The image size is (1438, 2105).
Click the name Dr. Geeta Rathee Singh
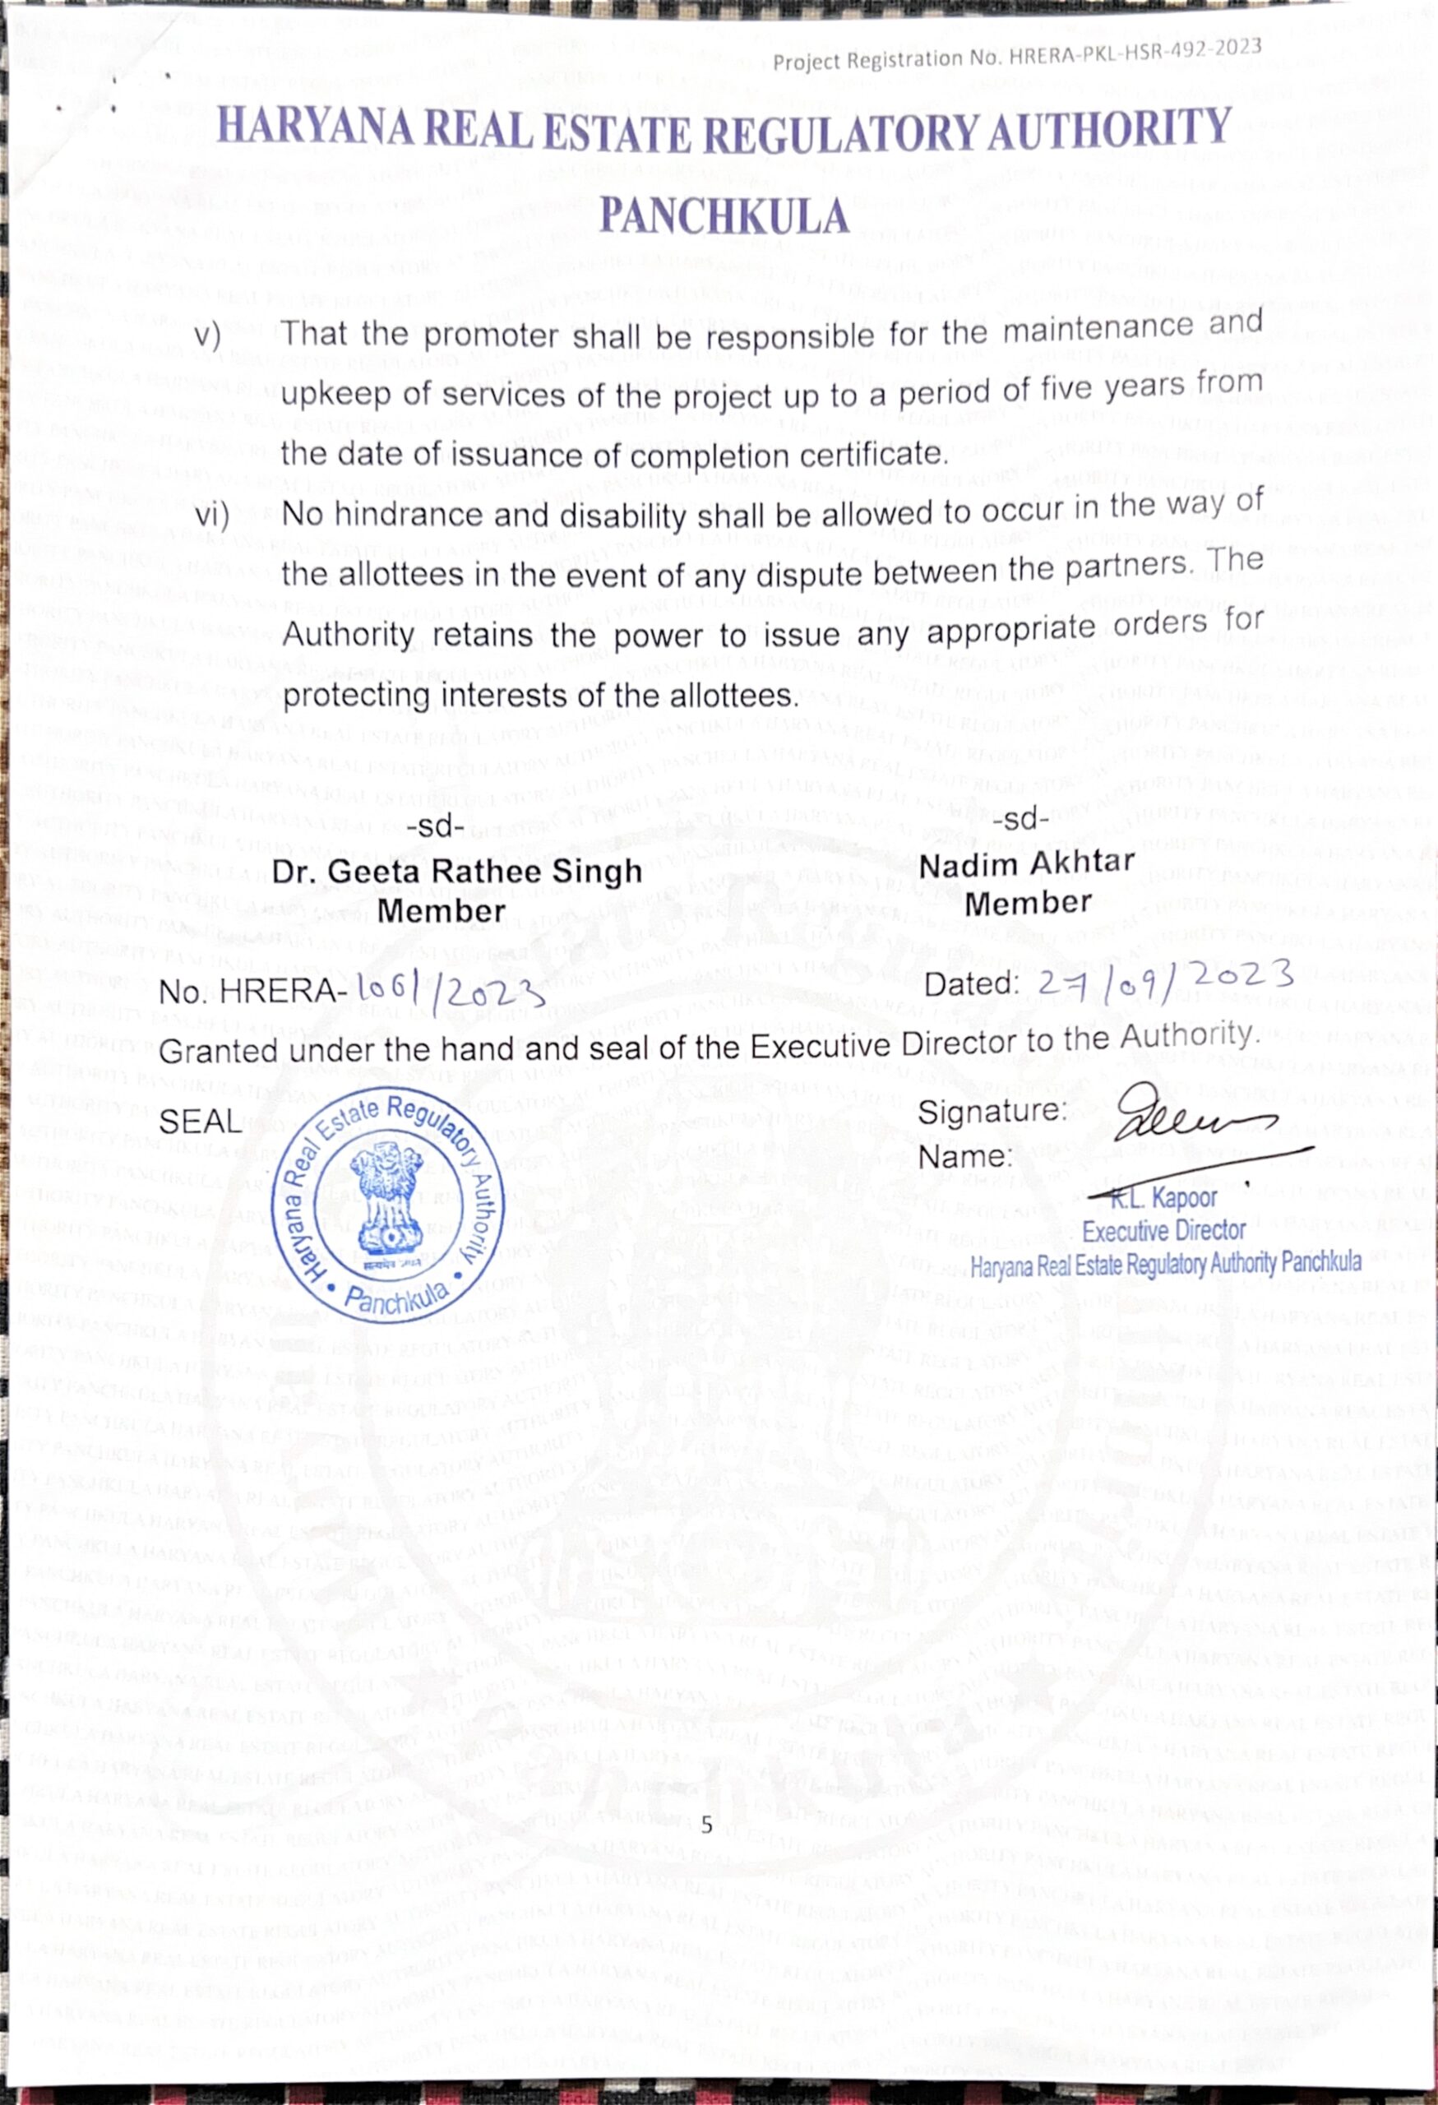point(457,872)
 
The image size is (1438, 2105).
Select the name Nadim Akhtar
point(1027,862)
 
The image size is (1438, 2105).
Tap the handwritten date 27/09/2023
point(1163,978)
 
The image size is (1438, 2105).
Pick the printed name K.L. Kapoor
point(1163,1198)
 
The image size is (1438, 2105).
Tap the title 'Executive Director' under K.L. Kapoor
point(1163,1231)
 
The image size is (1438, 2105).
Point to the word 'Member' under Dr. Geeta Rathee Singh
point(441,911)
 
